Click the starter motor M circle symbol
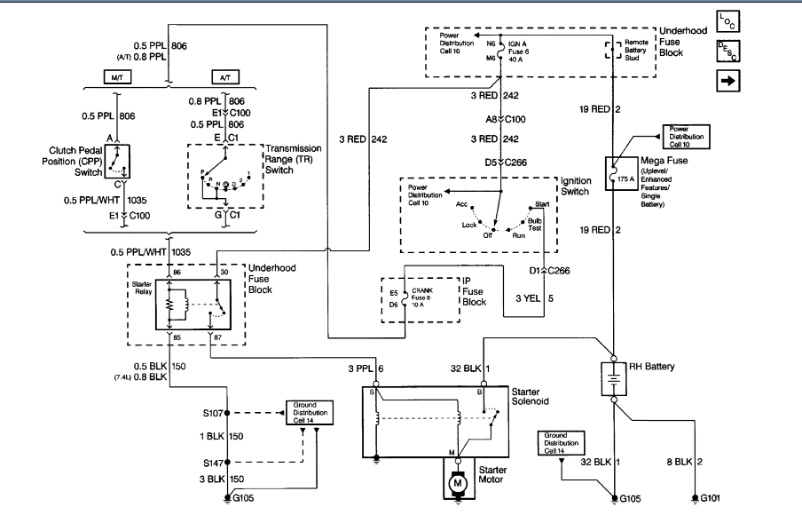(458, 482)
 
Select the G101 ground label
(711, 498)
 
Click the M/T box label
(116, 77)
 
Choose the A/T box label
(223, 77)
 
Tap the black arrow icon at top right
(727, 81)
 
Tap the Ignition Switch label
(577, 186)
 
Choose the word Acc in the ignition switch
(462, 204)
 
